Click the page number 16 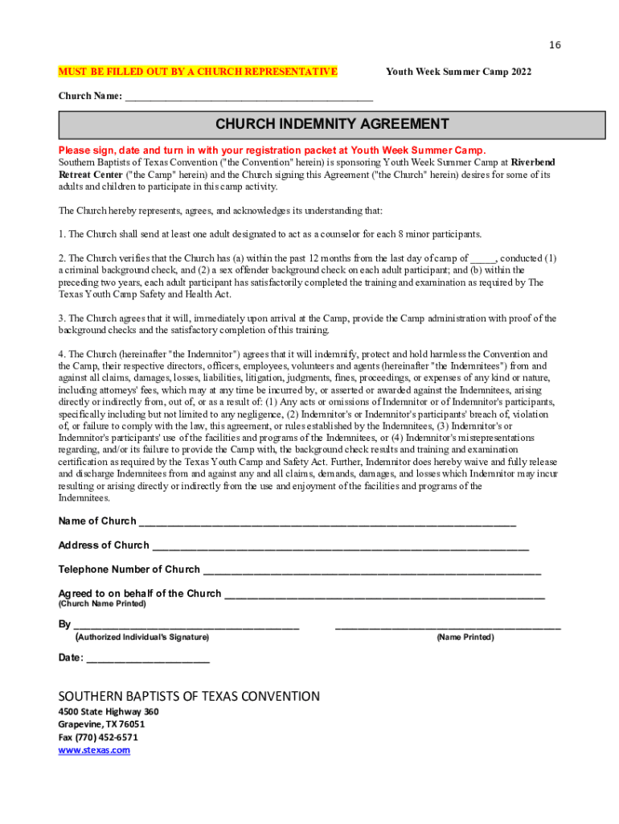(555, 45)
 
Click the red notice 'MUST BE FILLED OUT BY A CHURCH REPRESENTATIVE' (198, 72)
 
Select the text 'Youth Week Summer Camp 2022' (458, 72)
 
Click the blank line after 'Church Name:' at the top (249, 97)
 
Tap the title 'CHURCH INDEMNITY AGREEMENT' (332, 125)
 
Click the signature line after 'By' (187, 624)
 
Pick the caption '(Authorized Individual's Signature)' (142, 637)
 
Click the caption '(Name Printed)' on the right (465, 637)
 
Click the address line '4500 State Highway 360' (109, 712)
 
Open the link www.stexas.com (94, 750)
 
